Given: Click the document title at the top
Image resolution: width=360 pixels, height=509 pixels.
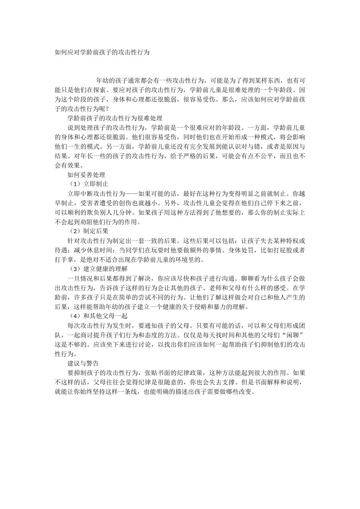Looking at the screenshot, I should pyautogui.click(x=102, y=52).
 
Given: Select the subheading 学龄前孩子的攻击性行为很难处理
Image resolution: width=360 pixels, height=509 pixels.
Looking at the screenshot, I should pyautogui.click(x=115, y=118).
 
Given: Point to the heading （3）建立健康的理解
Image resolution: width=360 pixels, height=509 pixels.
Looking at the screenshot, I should pyautogui.click(x=99, y=269).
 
